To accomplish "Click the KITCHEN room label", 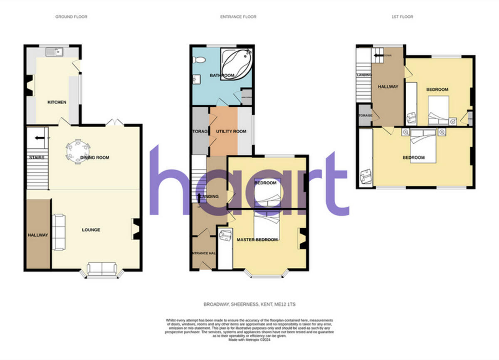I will (57, 102).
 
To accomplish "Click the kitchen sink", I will (54, 52).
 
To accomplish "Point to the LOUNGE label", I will (91, 230).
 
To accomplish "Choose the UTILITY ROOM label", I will (231, 131).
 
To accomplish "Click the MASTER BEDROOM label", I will (257, 240).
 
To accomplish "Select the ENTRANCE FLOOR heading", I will (238, 17).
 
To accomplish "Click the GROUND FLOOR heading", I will (72, 17).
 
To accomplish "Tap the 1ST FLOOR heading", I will (402, 17).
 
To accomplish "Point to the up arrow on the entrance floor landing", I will (199, 197).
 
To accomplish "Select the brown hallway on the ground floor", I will (38, 235).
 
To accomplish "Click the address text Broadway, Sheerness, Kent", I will (249, 305).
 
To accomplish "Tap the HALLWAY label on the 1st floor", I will (388, 87).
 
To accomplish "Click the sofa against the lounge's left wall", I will (59, 232).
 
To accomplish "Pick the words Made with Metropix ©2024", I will (249, 340).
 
